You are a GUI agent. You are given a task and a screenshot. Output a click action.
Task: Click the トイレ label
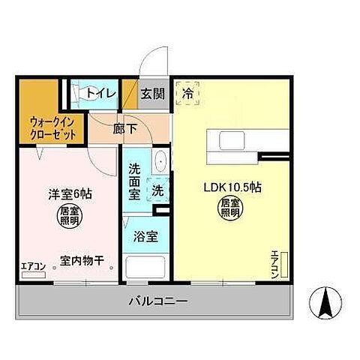[100, 93]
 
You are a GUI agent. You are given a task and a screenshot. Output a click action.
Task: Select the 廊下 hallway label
[124, 128]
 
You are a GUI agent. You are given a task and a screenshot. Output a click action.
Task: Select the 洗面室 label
[134, 181]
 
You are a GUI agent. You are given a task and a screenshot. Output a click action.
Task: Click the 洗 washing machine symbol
[158, 190]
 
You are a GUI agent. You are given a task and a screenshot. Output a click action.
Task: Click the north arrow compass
[326, 301]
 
